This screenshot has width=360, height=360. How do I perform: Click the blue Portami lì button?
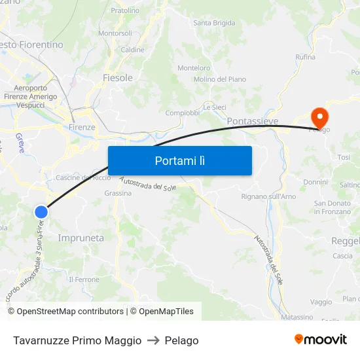click(179, 160)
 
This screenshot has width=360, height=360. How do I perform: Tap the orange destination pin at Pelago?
click(319, 117)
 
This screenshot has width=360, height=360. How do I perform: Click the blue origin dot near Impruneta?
click(41, 211)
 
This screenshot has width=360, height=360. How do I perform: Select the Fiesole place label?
click(118, 78)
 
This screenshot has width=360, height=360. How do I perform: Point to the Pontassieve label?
click(253, 122)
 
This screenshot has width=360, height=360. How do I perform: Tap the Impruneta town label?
click(81, 238)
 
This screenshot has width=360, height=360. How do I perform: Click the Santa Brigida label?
click(214, 23)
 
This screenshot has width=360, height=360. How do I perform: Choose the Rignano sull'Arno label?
click(268, 196)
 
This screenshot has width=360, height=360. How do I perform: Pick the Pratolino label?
click(125, 10)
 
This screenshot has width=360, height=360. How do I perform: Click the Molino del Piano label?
click(220, 79)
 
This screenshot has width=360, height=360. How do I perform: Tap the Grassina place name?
click(118, 193)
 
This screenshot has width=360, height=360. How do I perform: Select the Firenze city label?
click(82, 127)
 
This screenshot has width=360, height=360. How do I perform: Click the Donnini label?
click(315, 182)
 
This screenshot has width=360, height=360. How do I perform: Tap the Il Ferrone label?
click(84, 279)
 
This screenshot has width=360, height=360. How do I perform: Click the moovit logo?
click(321, 339)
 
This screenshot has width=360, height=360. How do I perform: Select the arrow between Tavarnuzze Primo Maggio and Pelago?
click(153, 340)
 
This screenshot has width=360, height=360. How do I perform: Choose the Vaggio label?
click(321, 302)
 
